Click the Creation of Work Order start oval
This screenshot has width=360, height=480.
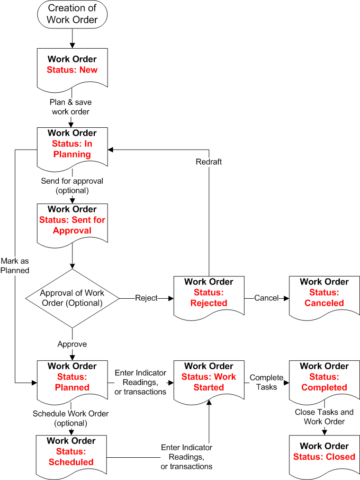[x=72, y=14]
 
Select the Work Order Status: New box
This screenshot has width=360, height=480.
[x=72, y=66]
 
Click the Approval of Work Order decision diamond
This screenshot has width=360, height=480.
[x=72, y=298]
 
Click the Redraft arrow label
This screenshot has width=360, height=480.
[x=209, y=162]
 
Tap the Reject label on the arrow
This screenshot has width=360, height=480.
[x=146, y=298]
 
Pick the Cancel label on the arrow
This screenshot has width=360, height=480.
[x=266, y=298]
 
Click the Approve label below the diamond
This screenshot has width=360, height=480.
[x=72, y=344]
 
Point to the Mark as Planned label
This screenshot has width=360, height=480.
[x=15, y=266]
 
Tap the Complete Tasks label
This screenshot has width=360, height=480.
[x=267, y=382]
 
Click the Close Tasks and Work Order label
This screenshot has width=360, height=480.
[x=324, y=417]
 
